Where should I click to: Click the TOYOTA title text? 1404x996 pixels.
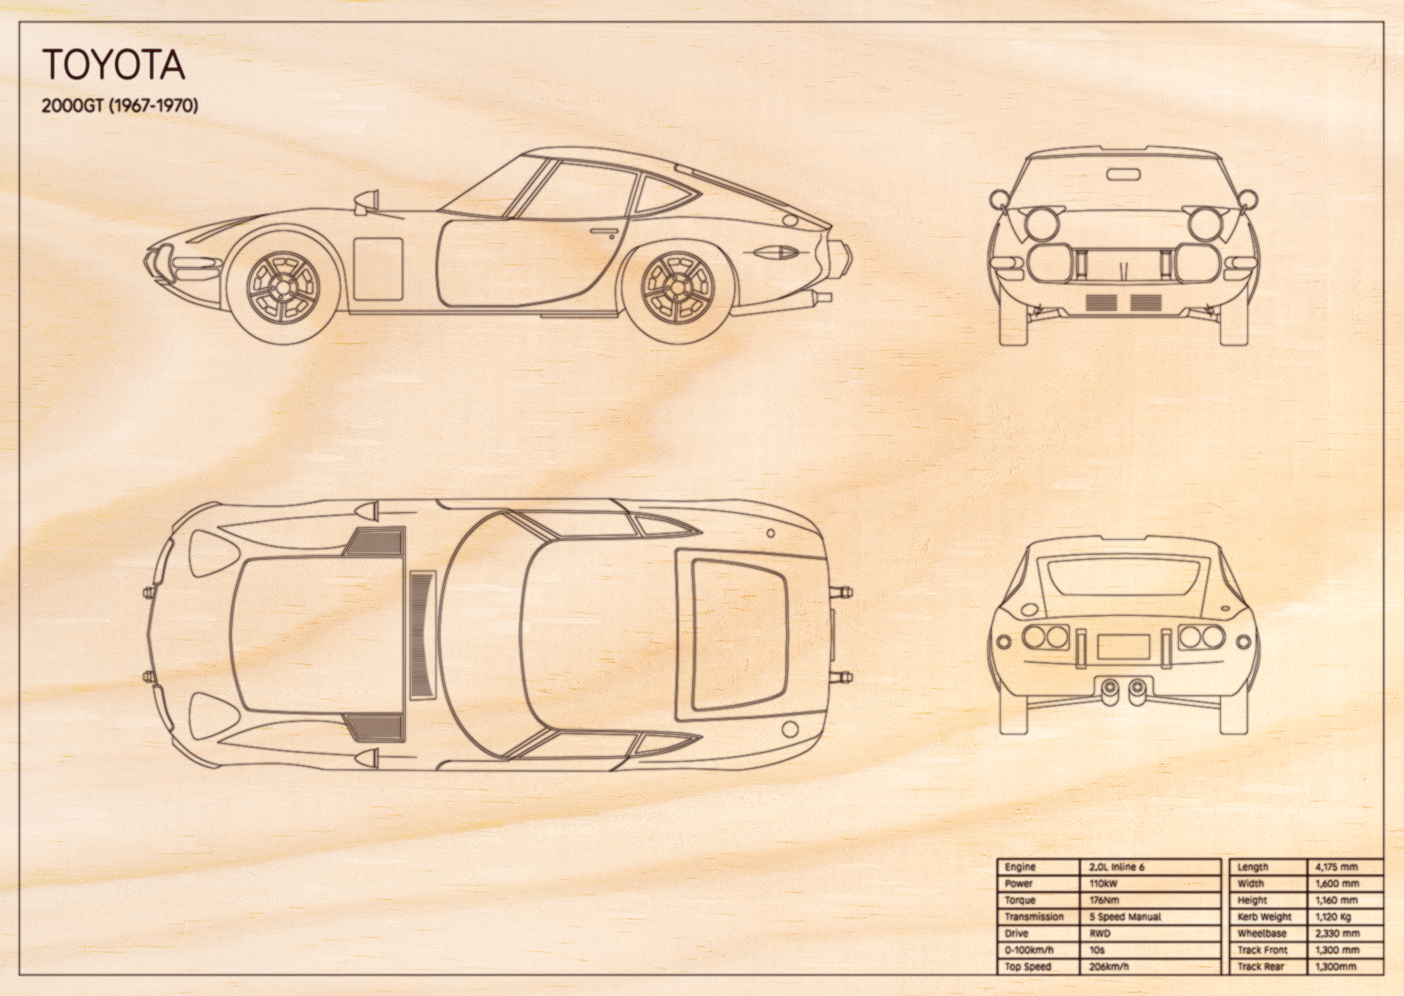click(x=114, y=64)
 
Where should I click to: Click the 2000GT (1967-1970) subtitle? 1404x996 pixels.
click(x=120, y=106)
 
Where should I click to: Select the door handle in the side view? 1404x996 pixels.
click(x=602, y=233)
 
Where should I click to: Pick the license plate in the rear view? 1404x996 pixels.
click(x=1123, y=646)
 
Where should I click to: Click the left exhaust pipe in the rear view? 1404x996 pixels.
click(x=1110, y=688)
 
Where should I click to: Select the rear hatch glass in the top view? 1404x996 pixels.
click(x=738, y=635)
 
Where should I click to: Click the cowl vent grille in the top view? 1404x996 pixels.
click(x=422, y=635)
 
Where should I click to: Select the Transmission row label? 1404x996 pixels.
click(x=1034, y=917)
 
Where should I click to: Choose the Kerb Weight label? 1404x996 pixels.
click(x=1265, y=917)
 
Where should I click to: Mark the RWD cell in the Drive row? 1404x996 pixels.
click(x=1100, y=933)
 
